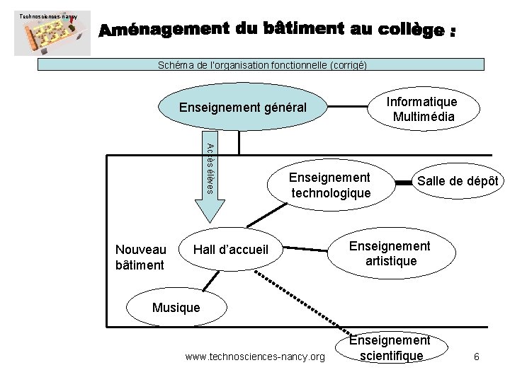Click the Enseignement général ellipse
pos(243,109)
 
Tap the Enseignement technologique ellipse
pos(329,185)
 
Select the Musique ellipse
pos(176,307)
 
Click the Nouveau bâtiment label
pos(141,257)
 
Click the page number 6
pos(477,357)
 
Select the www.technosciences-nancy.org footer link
pos(254,357)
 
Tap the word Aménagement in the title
pos(154,31)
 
